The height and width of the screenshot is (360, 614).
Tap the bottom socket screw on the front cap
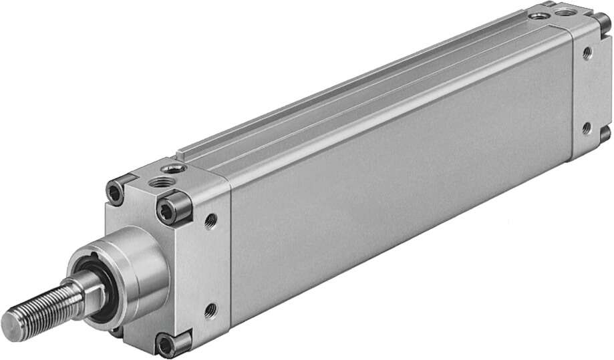pyautogui.click(x=165, y=345)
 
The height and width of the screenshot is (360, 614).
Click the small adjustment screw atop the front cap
pyautogui.click(x=174, y=168)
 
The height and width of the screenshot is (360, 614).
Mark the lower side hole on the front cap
pyautogui.click(x=211, y=308)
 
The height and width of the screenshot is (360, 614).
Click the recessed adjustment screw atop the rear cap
pyautogui.click(x=538, y=14)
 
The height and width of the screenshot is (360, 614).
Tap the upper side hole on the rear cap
pyautogui.click(x=587, y=53)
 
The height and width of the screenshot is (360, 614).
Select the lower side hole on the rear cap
pyautogui.click(x=587, y=126)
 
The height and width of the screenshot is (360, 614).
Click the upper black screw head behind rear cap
pyautogui.click(x=604, y=21)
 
